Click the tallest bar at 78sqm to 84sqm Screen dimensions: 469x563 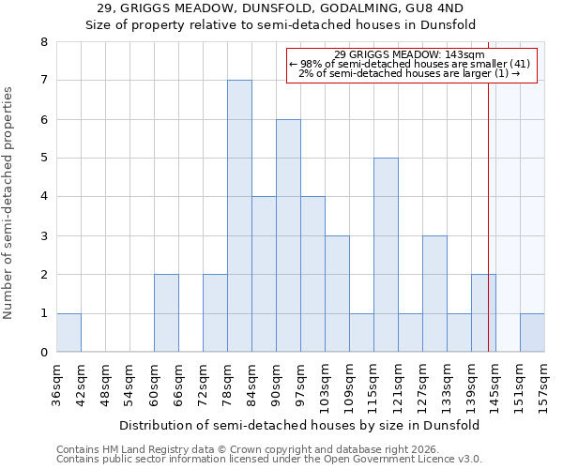[239, 216]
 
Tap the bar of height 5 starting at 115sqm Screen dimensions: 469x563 [386, 255]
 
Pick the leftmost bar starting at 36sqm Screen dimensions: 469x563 [68, 333]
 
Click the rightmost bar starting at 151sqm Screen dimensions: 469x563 [532, 333]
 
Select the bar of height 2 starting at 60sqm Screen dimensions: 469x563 [166, 313]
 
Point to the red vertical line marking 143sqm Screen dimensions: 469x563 [489, 216]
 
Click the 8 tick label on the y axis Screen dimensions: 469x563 [43, 42]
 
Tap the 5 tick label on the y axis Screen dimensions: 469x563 [43, 159]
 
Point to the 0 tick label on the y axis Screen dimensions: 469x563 [43, 353]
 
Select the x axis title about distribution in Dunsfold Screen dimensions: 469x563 [300, 425]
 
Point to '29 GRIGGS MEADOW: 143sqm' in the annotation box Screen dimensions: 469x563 [409, 54]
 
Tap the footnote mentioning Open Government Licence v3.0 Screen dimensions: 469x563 [269, 460]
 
